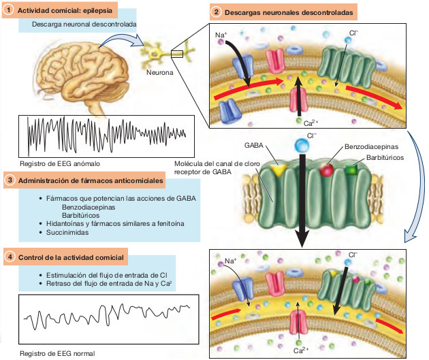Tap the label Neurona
(160, 71)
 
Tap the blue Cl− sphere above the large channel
(300, 144)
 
